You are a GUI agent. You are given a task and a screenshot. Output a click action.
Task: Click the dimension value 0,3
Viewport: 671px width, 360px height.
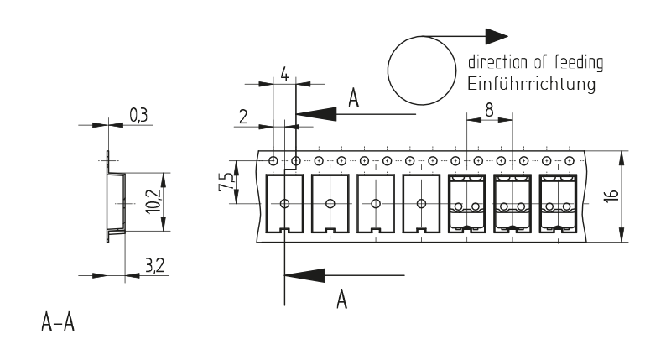(140, 112)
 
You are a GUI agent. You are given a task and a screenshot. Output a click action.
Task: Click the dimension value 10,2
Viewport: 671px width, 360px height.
(151, 201)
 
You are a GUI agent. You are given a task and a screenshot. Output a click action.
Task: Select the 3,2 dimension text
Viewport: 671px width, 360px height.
(153, 267)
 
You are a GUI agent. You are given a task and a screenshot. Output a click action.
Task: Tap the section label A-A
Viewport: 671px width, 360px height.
(56, 321)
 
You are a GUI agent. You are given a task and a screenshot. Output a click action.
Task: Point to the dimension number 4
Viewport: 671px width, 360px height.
(284, 75)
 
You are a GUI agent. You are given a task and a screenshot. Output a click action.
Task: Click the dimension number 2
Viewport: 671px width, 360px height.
(243, 116)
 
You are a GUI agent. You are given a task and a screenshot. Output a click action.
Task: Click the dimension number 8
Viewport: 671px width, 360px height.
(488, 107)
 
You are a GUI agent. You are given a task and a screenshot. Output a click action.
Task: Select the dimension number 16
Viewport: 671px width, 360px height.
(612, 196)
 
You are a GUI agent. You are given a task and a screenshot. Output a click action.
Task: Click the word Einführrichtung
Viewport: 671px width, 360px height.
(530, 85)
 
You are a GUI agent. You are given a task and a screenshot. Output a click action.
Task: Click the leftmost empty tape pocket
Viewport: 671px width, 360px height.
(284, 203)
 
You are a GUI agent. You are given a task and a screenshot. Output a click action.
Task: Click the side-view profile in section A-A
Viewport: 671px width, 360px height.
(115, 201)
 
